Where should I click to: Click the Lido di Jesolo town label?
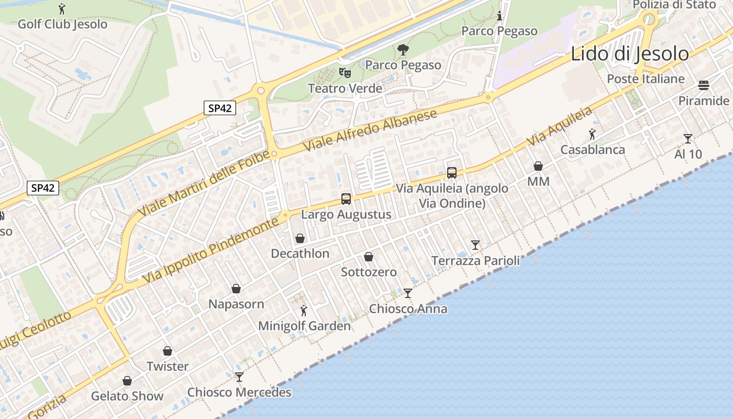tap(629, 54)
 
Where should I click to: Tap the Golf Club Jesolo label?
tap(62, 24)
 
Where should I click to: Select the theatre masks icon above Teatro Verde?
tap(344, 73)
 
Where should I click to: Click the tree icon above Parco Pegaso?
tap(403, 50)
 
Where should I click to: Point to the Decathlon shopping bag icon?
tap(300, 239)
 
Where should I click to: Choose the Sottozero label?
tap(369, 272)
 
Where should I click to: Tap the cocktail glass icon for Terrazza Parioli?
tap(475, 245)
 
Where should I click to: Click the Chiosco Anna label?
tap(408, 308)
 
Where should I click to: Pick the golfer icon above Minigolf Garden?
tap(304, 311)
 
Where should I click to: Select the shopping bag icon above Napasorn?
tap(236, 289)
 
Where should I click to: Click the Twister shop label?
tap(168, 366)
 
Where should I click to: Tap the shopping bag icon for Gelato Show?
tap(127, 381)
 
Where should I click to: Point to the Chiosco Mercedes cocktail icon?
tap(239, 377)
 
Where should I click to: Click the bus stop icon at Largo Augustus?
tap(346, 199)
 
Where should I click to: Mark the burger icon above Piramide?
tap(703, 85)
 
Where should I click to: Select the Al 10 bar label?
tap(688, 154)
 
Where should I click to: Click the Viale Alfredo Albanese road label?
tap(370, 131)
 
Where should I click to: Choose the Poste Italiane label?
tap(646, 79)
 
